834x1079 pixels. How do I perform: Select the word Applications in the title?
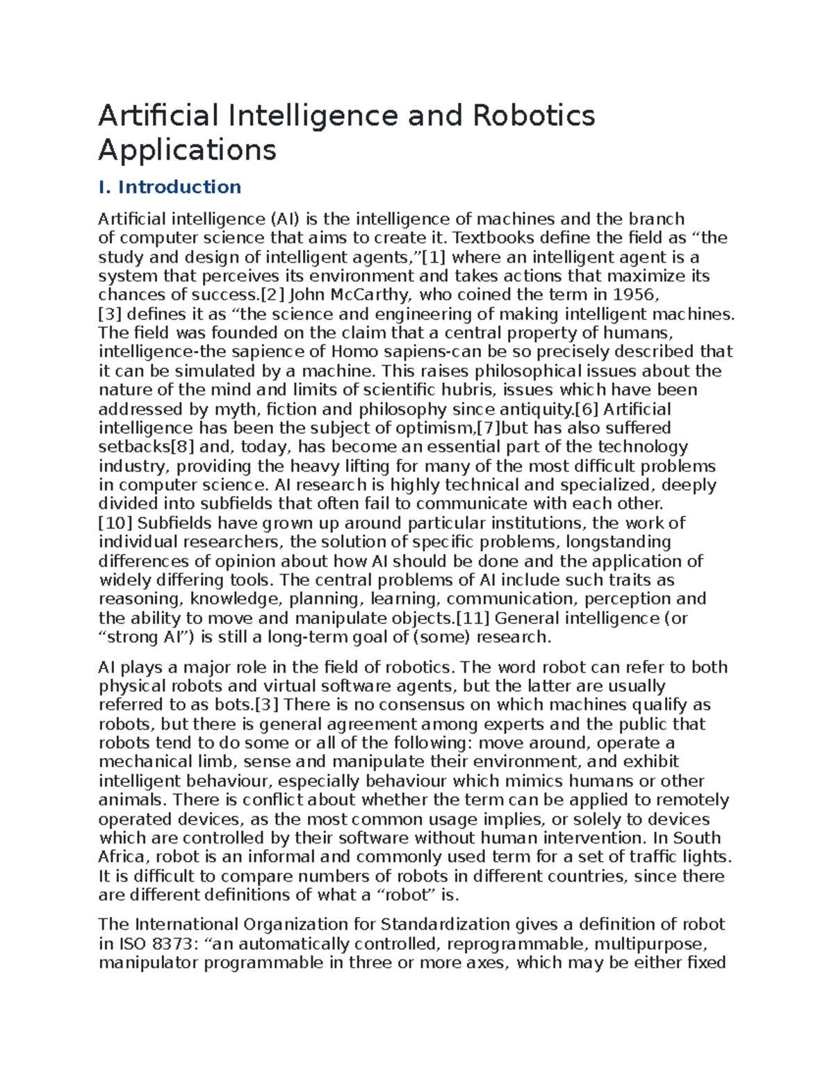click(x=187, y=149)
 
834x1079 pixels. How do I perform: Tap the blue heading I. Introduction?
click(x=170, y=187)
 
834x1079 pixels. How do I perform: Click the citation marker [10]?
click(x=116, y=523)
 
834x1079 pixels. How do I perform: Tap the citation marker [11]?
click(x=473, y=618)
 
